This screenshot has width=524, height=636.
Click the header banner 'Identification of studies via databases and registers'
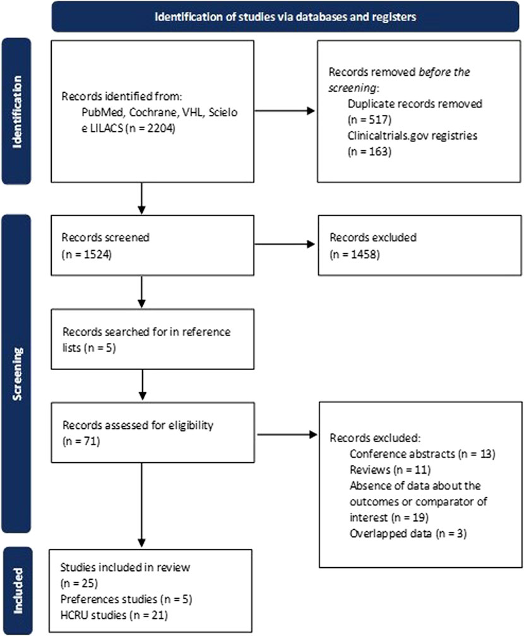285,16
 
